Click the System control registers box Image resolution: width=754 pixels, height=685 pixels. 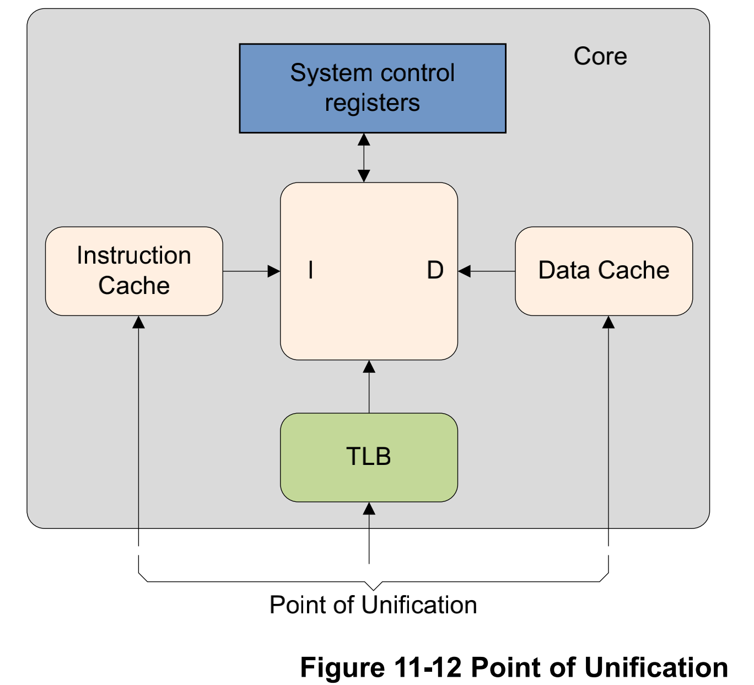373,88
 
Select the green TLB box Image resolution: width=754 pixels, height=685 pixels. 369,457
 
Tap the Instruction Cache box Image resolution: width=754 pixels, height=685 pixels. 134,271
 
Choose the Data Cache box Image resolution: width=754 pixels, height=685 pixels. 604,271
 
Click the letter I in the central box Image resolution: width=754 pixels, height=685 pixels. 311,270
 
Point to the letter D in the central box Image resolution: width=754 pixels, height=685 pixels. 435,270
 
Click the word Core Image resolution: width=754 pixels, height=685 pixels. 600,56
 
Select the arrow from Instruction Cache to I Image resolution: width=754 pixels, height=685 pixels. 251,271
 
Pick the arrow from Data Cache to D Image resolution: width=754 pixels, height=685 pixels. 487,271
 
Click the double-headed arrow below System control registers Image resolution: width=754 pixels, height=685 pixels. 364,158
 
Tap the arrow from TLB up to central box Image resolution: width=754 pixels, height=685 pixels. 369,387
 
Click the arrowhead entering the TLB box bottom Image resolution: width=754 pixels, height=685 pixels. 369,509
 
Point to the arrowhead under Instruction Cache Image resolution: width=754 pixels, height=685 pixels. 139,322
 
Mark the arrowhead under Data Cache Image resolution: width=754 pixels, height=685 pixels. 608,322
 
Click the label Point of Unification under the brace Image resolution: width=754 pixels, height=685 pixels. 373,605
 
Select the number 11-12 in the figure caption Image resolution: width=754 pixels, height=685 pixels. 428,667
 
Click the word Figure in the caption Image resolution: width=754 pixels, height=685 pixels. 342,667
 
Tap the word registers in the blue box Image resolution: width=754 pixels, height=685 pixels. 373,103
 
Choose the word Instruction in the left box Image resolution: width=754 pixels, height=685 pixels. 134,255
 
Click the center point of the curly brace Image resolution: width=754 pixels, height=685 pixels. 373,586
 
